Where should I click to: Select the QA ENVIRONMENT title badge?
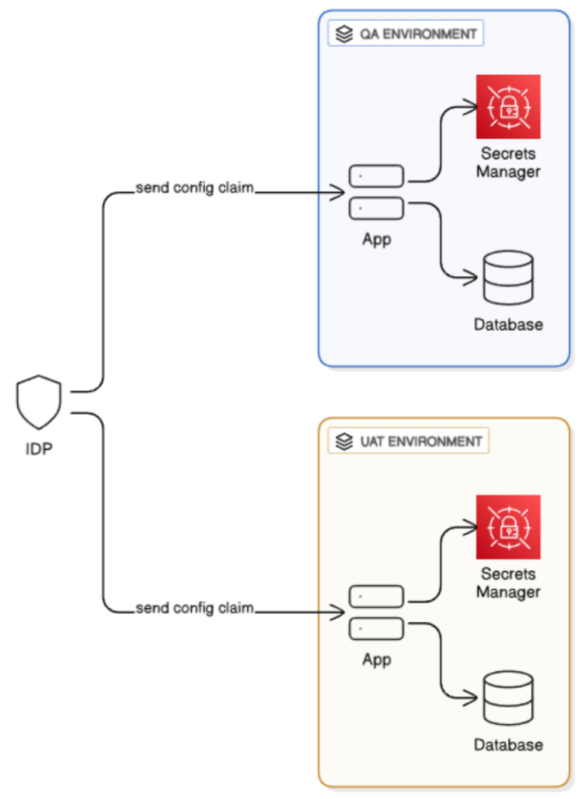(406, 34)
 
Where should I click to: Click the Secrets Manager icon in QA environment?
(508, 107)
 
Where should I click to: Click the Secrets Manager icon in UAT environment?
(508, 527)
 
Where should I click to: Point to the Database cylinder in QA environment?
(507, 278)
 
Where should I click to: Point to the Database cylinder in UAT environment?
(507, 698)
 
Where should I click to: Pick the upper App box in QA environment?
(376, 176)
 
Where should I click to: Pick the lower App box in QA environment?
(376, 208)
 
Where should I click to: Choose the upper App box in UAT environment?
(376, 597)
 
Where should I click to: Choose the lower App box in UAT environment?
(376, 629)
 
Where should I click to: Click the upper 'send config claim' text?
(194, 188)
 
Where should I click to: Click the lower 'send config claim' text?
(194, 608)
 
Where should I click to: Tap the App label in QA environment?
(376, 240)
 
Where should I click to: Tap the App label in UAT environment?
(376, 660)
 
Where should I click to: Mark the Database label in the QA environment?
(508, 324)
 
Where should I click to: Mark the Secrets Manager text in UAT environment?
(508, 583)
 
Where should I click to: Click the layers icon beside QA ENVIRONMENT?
(343, 34)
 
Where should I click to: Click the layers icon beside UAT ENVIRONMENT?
(343, 442)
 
